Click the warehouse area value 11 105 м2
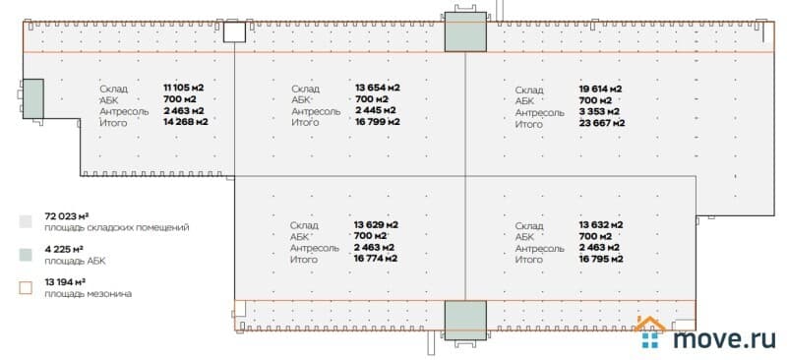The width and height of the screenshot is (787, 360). pyautogui.click(x=184, y=88)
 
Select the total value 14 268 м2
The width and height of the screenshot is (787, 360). pyautogui.click(x=186, y=122)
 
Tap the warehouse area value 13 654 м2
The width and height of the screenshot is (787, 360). pyautogui.click(x=378, y=88)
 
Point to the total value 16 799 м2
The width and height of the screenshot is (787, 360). pyautogui.click(x=378, y=122)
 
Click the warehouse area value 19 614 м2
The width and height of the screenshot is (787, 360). pyautogui.click(x=601, y=89)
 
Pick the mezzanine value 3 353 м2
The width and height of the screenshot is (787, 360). pyautogui.click(x=599, y=111)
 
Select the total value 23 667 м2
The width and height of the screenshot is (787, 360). pyautogui.click(x=602, y=123)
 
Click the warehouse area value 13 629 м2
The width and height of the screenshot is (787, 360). pyautogui.click(x=376, y=224)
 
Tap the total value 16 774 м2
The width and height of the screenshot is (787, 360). pyautogui.click(x=376, y=259)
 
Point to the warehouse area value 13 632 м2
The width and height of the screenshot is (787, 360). pyautogui.click(x=601, y=224)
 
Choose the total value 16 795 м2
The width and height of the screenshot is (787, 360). pyautogui.click(x=601, y=259)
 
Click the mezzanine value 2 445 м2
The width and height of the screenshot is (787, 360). pyautogui.click(x=375, y=110)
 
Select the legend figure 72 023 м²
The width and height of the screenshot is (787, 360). pyautogui.click(x=67, y=216)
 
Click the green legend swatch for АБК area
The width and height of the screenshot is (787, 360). pyautogui.click(x=26, y=254)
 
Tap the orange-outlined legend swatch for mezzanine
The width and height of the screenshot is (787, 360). pyautogui.click(x=26, y=287)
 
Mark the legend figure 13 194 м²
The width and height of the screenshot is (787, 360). pyautogui.click(x=66, y=282)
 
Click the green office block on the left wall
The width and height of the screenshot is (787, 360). pyautogui.click(x=33, y=98)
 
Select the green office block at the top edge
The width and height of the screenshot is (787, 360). pyautogui.click(x=465, y=31)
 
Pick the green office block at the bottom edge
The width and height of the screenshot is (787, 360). pyautogui.click(x=465, y=321)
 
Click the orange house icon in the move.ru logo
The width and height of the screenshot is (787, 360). pyautogui.click(x=650, y=325)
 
